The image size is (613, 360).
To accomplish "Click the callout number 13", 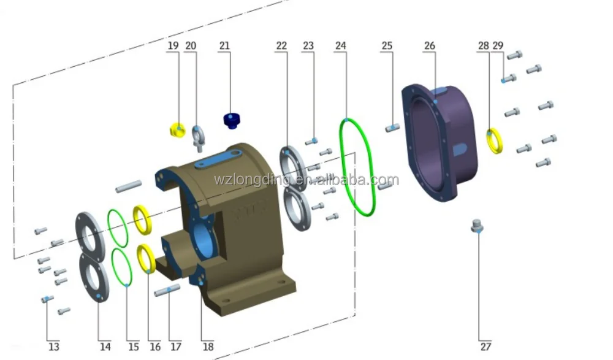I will coord(53,347).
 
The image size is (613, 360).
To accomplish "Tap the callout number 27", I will coord(485,347).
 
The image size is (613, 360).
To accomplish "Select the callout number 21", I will coord(224,46).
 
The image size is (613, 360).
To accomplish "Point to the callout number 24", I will coord(341,46).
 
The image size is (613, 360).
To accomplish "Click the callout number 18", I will coord(208,347).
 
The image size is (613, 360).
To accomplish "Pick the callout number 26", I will coord(430,46).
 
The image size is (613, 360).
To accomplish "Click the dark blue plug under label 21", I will coord(231,120).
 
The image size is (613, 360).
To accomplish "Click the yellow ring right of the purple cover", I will coord(495,140).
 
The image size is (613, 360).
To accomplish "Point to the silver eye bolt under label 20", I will coord(199,137).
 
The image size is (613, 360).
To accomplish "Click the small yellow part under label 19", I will coord(177,130).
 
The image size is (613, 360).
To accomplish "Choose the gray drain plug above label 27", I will coord(478,226).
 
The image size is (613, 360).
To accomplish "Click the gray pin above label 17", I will coord(167,290).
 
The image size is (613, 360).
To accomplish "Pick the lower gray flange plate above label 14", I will coord(94,278).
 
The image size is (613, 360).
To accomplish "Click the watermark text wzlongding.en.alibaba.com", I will coord(306,180).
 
